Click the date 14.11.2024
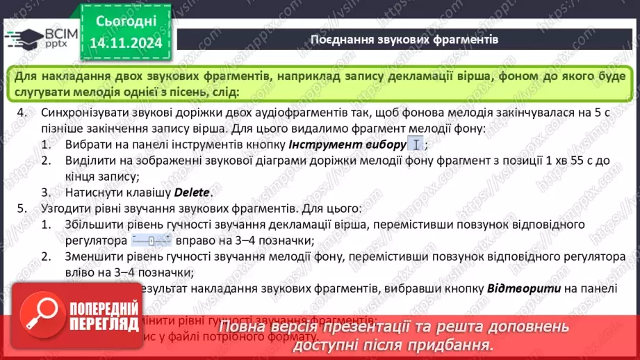click(125, 43)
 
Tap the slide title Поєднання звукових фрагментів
click(404, 39)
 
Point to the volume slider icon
click(151, 241)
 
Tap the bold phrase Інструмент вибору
click(347, 145)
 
